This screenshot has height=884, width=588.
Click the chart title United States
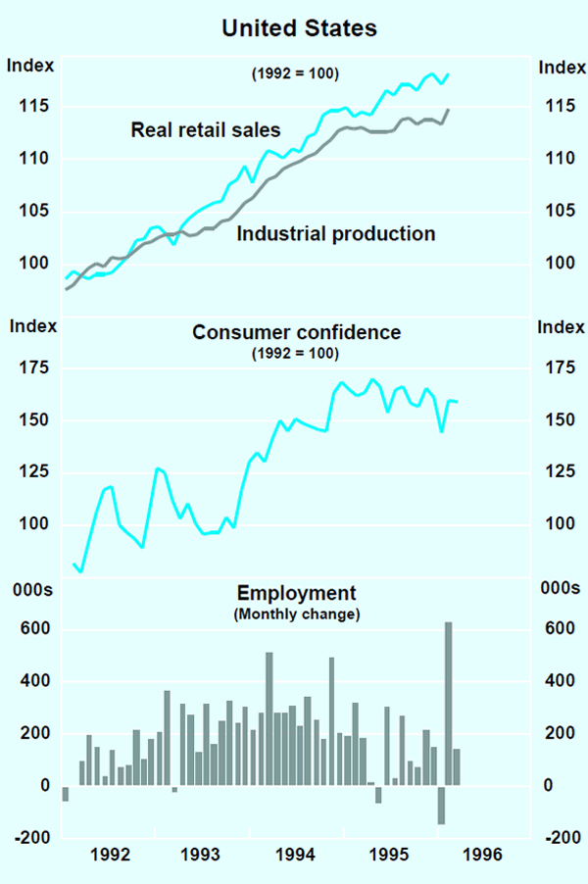pyautogui.click(x=299, y=28)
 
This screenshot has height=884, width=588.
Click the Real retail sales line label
pyautogui.click(x=206, y=129)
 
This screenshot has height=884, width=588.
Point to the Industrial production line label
pyautogui.click(x=336, y=234)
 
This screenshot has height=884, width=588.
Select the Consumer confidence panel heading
pyautogui.click(x=296, y=332)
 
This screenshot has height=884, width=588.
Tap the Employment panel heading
pyautogui.click(x=296, y=593)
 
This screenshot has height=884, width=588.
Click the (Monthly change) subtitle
pyautogui.click(x=296, y=614)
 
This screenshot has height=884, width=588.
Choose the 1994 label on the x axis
pyautogui.click(x=298, y=855)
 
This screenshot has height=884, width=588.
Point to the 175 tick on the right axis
pyautogui.click(x=557, y=368)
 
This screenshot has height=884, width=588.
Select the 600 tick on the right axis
pyautogui.click(x=557, y=628)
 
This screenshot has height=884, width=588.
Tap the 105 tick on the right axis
pyautogui.click(x=557, y=211)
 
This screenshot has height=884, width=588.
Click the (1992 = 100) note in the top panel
pyautogui.click(x=296, y=74)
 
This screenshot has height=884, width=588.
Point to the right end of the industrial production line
pyautogui.click(x=449, y=110)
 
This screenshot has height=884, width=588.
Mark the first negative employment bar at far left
pyautogui.click(x=66, y=794)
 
